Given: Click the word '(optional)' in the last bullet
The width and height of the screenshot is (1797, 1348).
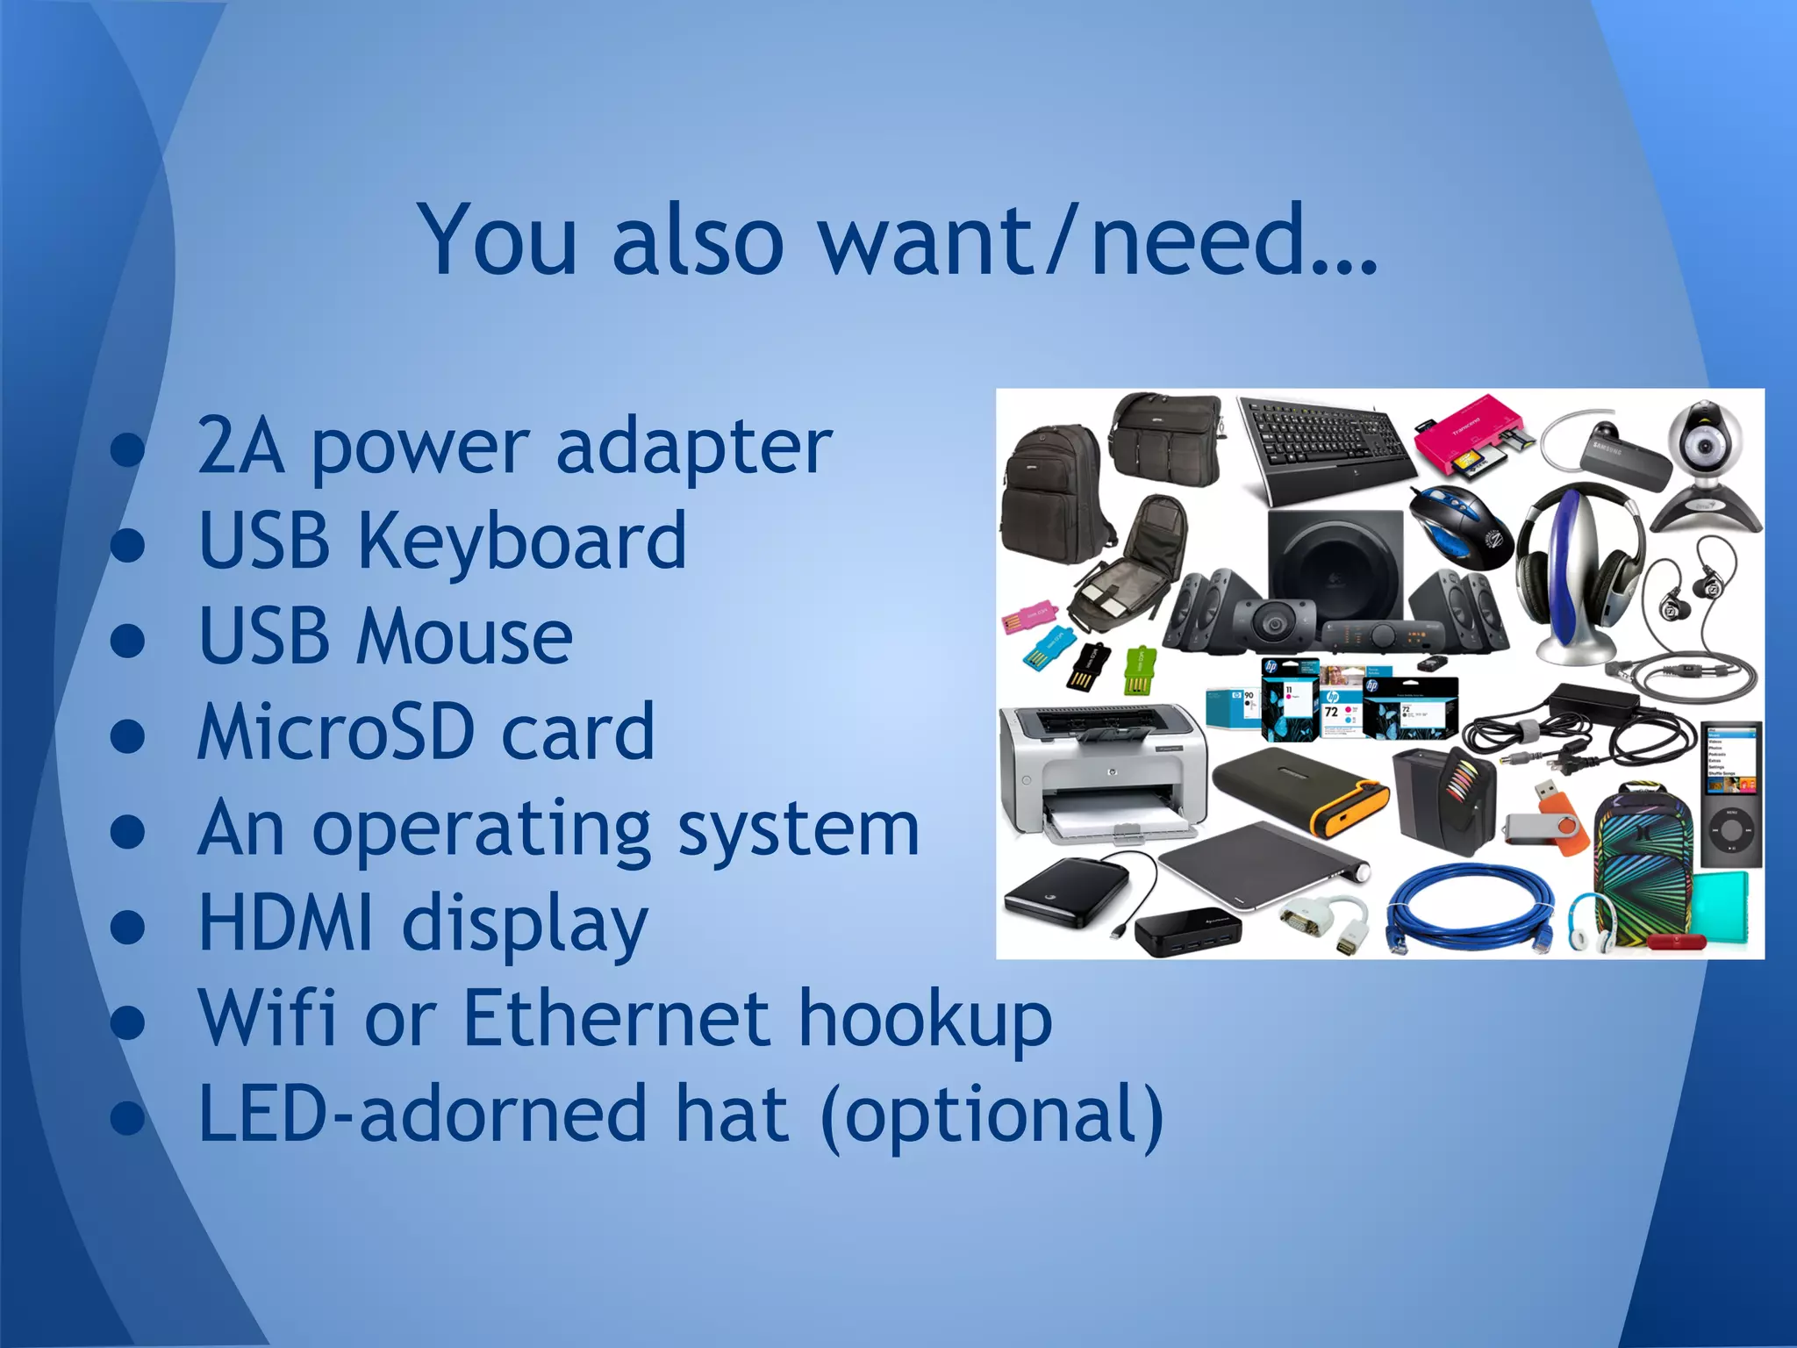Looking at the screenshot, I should [992, 1115].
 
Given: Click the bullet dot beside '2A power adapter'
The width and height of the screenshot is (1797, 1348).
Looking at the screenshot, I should [128, 449].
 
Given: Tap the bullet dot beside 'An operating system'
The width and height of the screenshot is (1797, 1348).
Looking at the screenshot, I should [128, 831].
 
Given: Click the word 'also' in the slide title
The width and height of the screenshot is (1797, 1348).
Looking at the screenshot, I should [698, 240].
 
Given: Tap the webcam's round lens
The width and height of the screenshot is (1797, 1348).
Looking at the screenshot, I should [1705, 447].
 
